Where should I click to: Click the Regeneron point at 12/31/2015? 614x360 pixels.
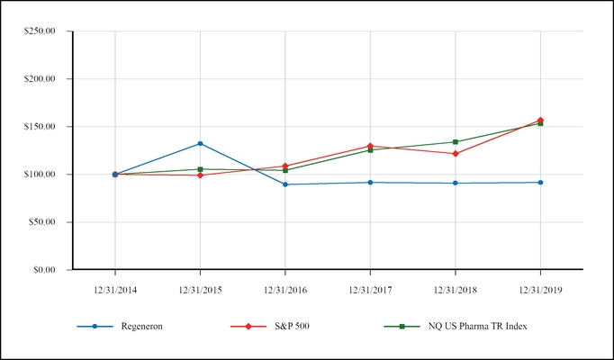[x=200, y=143]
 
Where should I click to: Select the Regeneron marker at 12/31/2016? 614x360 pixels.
[x=285, y=184]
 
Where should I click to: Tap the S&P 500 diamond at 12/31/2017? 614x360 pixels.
[x=370, y=146]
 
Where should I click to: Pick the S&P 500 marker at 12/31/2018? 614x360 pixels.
[x=456, y=154]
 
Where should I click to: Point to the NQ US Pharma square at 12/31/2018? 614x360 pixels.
[x=456, y=142]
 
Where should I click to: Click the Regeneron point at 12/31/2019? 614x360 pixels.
[x=540, y=183]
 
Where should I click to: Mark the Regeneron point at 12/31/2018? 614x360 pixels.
[x=456, y=184]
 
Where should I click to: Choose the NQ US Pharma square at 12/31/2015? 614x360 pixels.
[x=200, y=169]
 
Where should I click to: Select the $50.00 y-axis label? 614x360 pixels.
[x=43, y=222]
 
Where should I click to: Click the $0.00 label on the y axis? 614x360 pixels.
[x=45, y=270]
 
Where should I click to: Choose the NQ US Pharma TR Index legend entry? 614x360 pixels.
[x=477, y=326]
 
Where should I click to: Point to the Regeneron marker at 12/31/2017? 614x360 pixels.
[x=370, y=183]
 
